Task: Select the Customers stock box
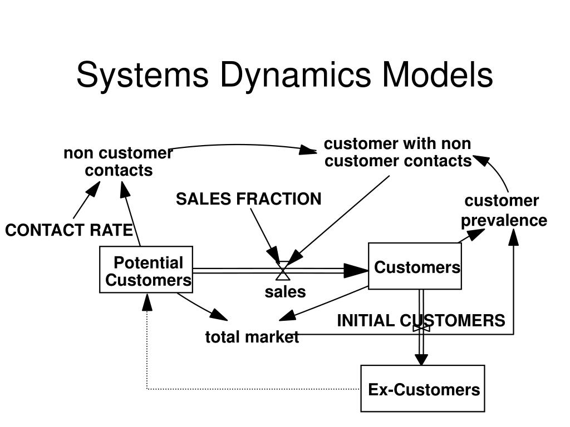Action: click(x=415, y=267)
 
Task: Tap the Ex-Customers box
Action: click(x=423, y=389)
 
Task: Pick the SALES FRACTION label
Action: click(x=249, y=199)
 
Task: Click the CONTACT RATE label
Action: click(x=69, y=230)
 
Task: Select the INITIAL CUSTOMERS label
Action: click(x=421, y=320)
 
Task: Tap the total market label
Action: click(x=252, y=337)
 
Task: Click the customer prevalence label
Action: click(x=504, y=211)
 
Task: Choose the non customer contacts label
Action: click(x=118, y=161)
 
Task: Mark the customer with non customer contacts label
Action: click(x=398, y=152)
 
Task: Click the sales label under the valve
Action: click(x=285, y=292)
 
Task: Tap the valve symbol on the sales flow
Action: click(x=283, y=271)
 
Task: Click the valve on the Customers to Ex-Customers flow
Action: click(x=421, y=327)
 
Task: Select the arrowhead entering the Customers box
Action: click(x=356, y=271)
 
